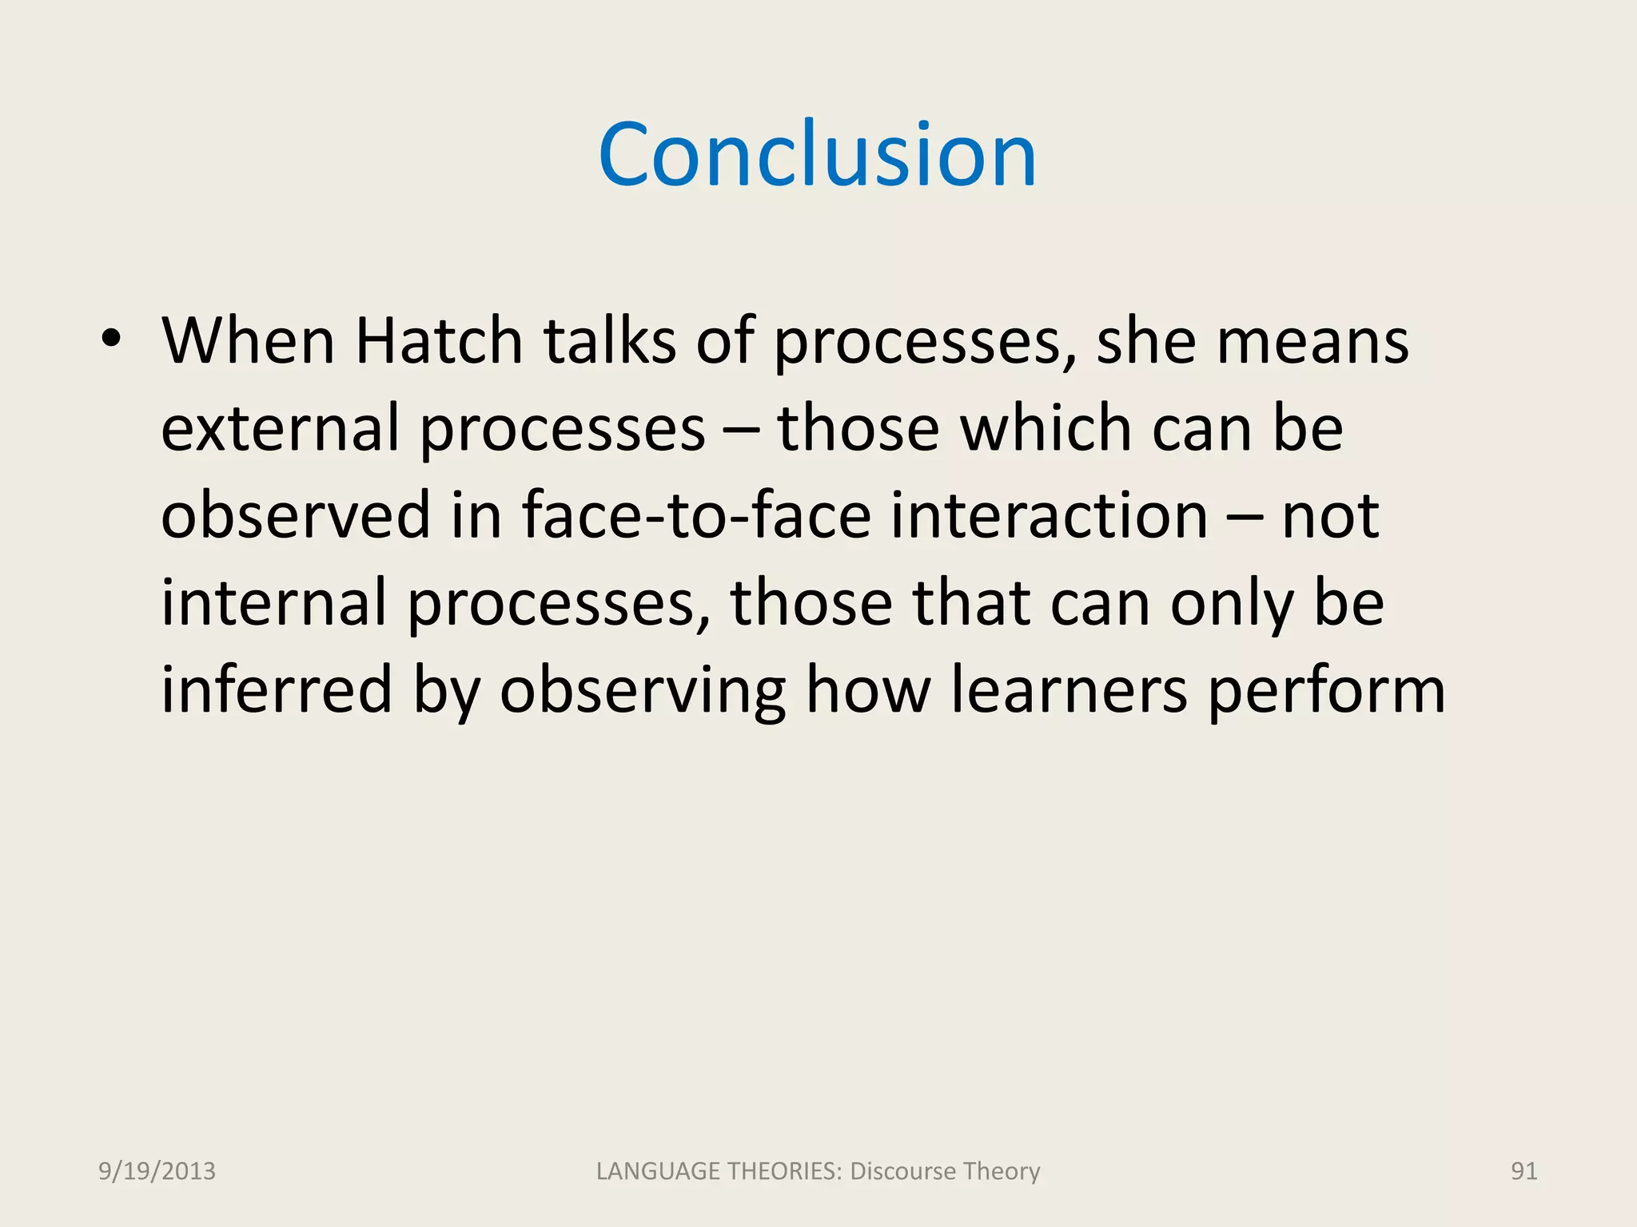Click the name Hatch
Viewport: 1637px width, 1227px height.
[438, 341]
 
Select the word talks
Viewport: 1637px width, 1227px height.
[610, 341]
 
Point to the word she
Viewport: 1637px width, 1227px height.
[1146, 341]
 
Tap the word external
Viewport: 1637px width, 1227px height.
[280, 429]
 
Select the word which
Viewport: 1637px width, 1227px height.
[1045, 429]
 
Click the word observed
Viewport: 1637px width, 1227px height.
[296, 516]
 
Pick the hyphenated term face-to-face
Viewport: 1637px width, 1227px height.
[695, 516]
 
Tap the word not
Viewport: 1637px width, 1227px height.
[1330, 516]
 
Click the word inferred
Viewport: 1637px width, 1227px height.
[277, 690]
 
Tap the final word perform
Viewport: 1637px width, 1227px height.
[1326, 690]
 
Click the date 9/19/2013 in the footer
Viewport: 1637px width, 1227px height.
[157, 1171]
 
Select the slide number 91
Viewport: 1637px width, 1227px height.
[1523, 1171]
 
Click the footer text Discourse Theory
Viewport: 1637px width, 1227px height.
[945, 1171]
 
